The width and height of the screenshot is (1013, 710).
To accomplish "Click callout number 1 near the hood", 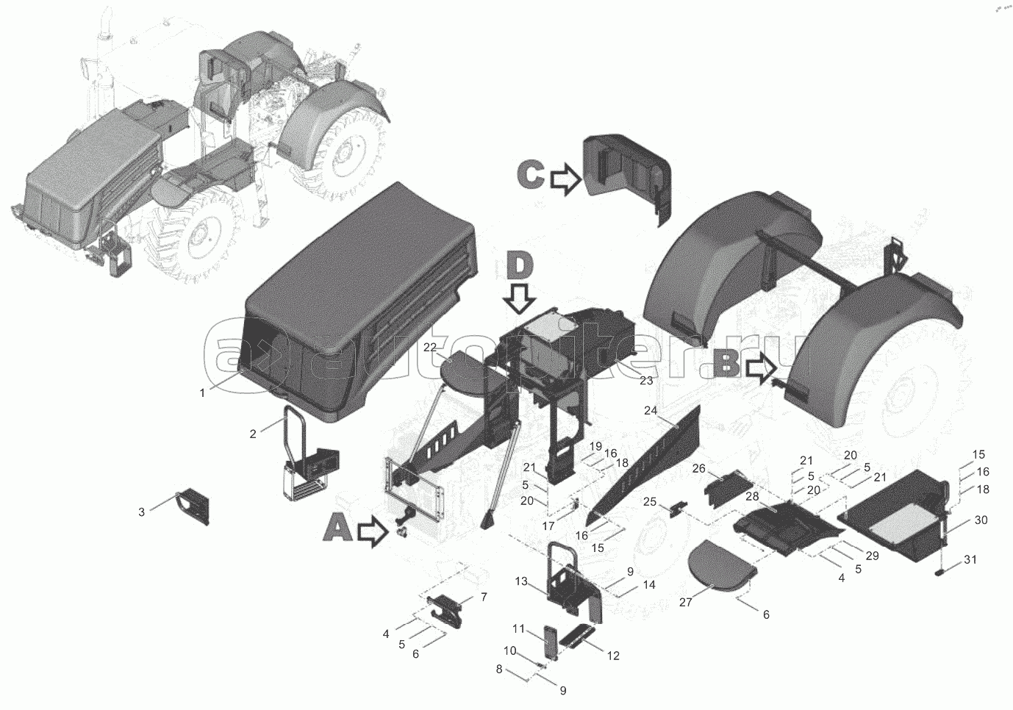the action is tap(203, 393).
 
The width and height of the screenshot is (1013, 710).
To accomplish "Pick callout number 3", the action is tap(142, 512).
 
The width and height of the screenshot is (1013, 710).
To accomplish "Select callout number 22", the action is tap(430, 348).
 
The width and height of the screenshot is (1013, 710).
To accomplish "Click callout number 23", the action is tap(646, 381).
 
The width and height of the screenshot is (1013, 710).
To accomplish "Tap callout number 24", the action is tap(651, 411).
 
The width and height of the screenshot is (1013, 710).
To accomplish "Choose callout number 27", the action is tap(686, 603).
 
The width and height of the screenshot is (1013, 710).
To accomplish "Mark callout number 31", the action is tap(970, 559).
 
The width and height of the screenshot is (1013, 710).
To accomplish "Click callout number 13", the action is tap(521, 581).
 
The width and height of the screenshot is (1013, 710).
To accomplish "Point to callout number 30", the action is tap(981, 520).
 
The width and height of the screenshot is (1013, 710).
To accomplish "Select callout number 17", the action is tap(548, 526).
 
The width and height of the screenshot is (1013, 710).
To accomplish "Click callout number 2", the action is tap(253, 434).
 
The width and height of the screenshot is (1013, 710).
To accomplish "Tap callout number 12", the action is tap(613, 656).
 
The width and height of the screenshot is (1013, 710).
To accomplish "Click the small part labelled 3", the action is tap(192, 506).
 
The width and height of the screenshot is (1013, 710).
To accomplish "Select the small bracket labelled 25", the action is tap(679, 508).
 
